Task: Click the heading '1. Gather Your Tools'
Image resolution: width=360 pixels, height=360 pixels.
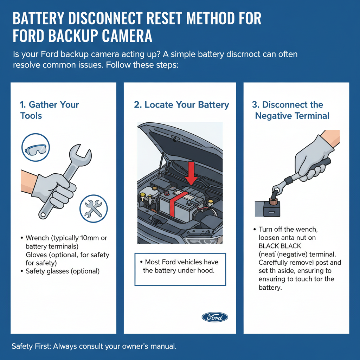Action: point(49,110)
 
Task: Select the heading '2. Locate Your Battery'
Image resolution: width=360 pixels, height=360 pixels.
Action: point(181,105)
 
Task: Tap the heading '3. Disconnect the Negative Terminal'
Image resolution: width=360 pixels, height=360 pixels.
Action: point(292,110)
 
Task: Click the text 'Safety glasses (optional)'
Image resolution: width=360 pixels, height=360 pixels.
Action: point(63,271)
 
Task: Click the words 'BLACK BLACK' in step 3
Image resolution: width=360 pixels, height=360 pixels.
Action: point(280,246)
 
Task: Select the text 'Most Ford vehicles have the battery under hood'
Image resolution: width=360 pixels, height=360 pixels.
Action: point(180,266)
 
